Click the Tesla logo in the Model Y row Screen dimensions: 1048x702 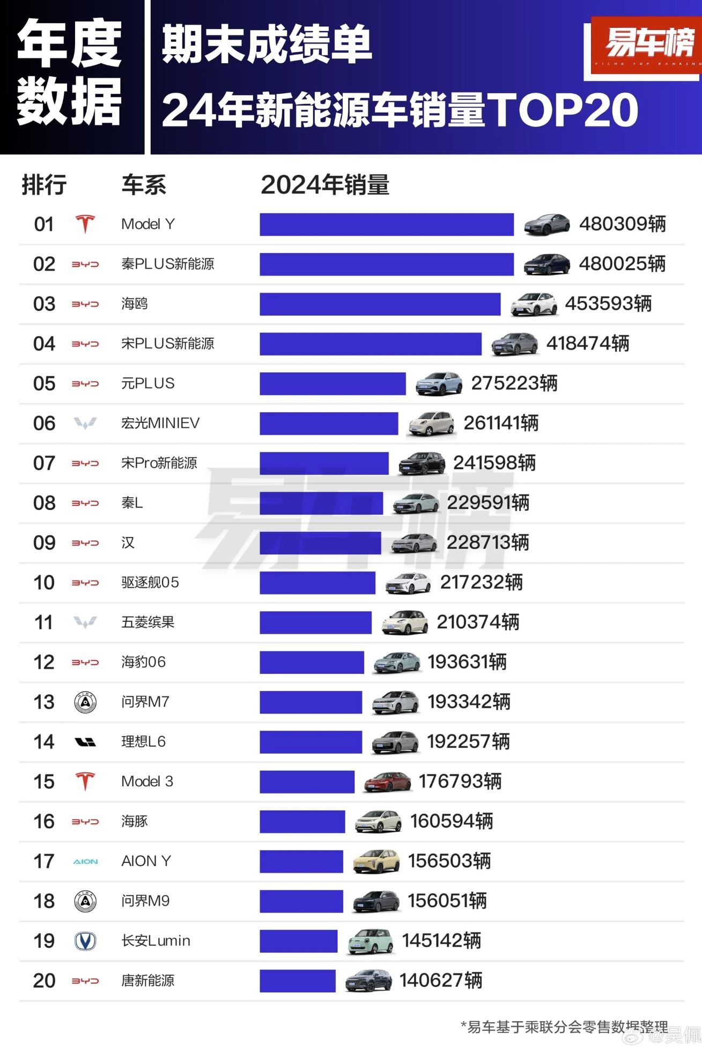click(x=85, y=224)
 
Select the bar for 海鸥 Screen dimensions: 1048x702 click(x=380, y=304)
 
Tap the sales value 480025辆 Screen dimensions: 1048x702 click(x=622, y=264)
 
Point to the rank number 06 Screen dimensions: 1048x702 click(x=44, y=423)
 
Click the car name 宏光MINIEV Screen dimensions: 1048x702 click(x=160, y=423)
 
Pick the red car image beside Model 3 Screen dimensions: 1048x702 click(x=387, y=782)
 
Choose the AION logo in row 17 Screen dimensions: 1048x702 click(x=85, y=861)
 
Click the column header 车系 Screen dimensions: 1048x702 click(x=144, y=185)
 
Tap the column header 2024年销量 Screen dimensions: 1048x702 click(x=325, y=185)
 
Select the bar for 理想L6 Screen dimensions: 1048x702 click(x=311, y=742)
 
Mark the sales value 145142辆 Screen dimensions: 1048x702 click(x=441, y=941)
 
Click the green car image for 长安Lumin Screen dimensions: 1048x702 click(x=370, y=941)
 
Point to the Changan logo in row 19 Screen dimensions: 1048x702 click(x=85, y=941)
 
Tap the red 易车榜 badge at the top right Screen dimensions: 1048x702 click(x=648, y=46)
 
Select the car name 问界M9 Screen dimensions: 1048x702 click(x=145, y=901)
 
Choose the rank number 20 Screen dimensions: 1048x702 click(x=44, y=981)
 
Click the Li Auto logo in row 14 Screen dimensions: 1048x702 click(x=85, y=742)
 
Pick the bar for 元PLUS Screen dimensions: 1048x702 click(x=332, y=384)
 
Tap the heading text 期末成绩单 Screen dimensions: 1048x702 click(x=267, y=44)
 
